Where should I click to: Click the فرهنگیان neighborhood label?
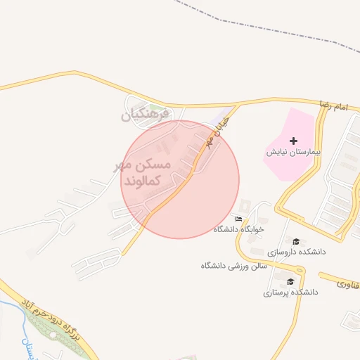(x=146, y=113)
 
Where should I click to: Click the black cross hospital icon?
(x=293, y=141)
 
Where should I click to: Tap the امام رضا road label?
(x=333, y=105)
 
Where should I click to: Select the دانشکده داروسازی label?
(x=295, y=250)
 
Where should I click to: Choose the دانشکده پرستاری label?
(x=291, y=291)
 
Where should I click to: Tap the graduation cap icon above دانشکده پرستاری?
(x=290, y=281)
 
